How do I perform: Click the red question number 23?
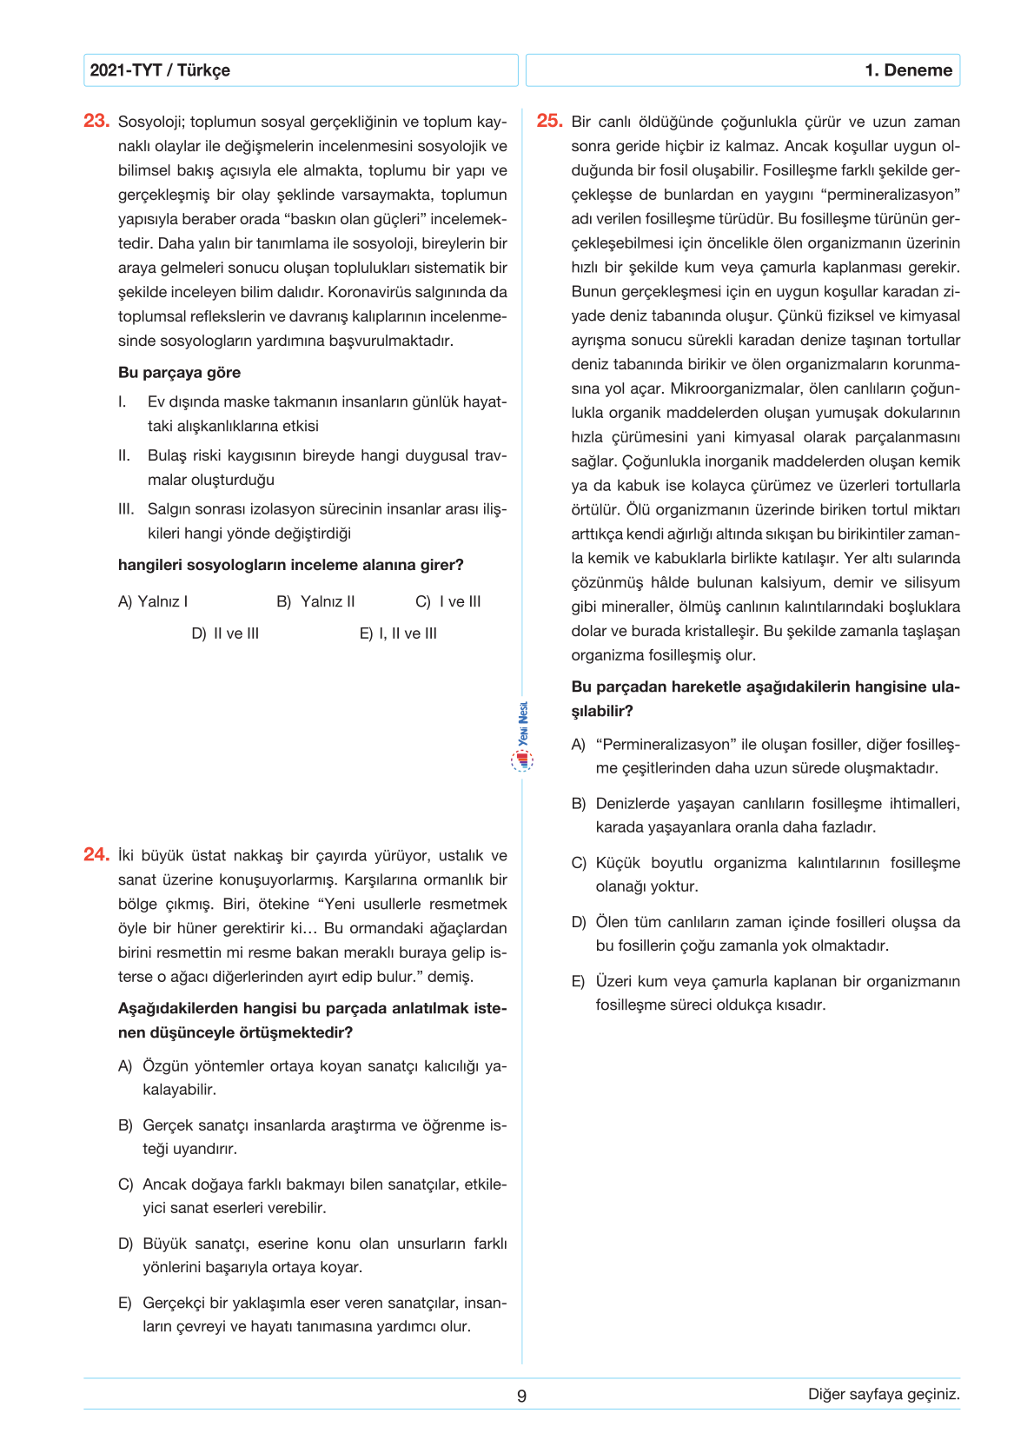pyautogui.click(x=96, y=121)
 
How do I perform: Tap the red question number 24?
pyautogui.click(x=96, y=854)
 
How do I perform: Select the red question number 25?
pyautogui.click(x=549, y=121)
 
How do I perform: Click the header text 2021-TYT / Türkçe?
pyautogui.click(x=160, y=70)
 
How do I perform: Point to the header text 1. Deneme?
pyautogui.click(x=908, y=70)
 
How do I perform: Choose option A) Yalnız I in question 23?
pyautogui.click(x=153, y=601)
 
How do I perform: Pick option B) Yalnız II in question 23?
pyautogui.click(x=315, y=601)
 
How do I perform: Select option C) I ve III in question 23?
pyautogui.click(x=447, y=601)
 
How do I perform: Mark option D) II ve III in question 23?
pyautogui.click(x=225, y=634)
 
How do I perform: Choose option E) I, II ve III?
pyautogui.click(x=398, y=634)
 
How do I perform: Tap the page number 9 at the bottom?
pyautogui.click(x=521, y=1397)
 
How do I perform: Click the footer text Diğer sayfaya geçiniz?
pyautogui.click(x=884, y=1395)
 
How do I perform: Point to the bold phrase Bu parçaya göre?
pyautogui.click(x=179, y=373)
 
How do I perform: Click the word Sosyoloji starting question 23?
pyautogui.click(x=151, y=123)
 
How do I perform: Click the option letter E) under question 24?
pyautogui.click(x=125, y=1303)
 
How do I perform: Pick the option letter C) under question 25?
pyautogui.click(x=579, y=863)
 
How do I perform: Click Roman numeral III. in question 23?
pyautogui.click(x=127, y=509)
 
